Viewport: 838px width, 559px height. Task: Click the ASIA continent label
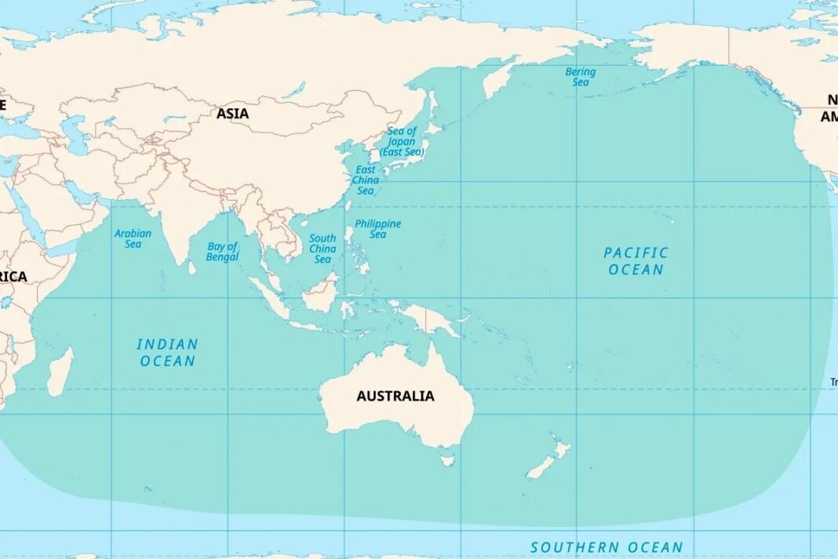(232, 114)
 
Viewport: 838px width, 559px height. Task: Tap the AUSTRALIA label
(395, 396)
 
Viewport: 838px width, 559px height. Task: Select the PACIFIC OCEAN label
(636, 261)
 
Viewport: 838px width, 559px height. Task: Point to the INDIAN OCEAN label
(167, 353)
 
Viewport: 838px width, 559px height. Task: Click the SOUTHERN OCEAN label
(607, 547)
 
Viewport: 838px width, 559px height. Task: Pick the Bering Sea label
(581, 77)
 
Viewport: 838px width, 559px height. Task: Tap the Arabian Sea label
(133, 238)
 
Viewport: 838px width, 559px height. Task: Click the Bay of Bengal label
(222, 252)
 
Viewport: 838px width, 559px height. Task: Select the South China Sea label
(322, 249)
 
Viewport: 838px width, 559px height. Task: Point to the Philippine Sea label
(377, 229)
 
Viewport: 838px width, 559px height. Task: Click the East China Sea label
(366, 180)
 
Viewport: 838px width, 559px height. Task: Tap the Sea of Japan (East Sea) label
(402, 141)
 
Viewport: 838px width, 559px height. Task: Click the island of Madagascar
(60, 372)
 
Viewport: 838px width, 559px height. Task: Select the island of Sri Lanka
(191, 267)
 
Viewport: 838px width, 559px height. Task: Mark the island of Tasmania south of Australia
(447, 460)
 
